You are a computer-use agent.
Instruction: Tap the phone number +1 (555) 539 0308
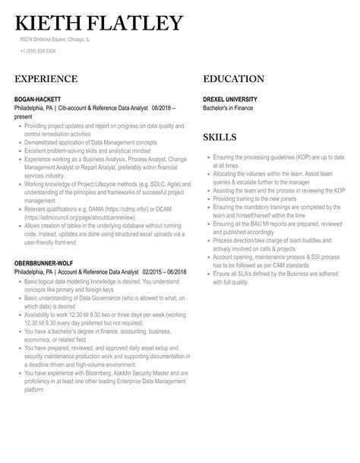point(38,52)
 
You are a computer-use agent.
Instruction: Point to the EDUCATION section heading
point(233,78)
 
